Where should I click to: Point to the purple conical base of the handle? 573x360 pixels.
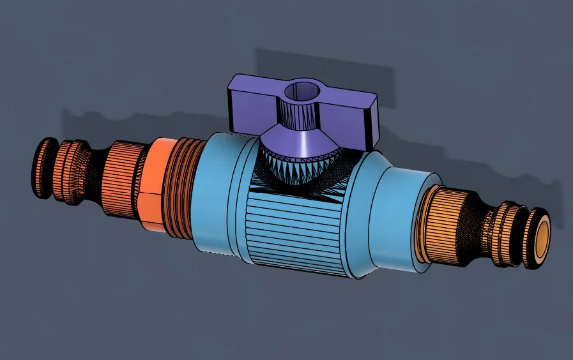300,141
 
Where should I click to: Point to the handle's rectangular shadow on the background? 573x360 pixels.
326,64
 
